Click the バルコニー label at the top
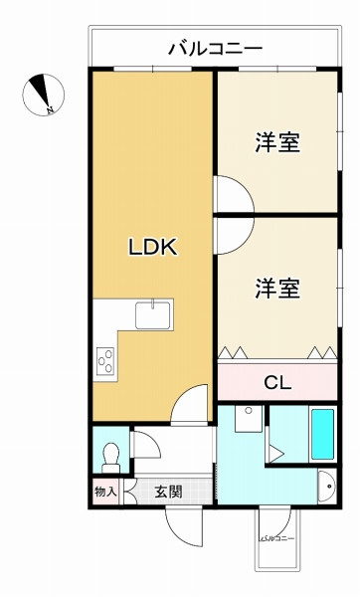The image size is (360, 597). [x=214, y=46]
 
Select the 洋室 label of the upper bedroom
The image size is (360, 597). [x=277, y=143]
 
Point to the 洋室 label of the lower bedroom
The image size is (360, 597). [x=277, y=289]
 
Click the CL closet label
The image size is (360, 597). [x=277, y=380]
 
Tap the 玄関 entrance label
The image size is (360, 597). [x=168, y=491]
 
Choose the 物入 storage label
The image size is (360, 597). [x=105, y=491]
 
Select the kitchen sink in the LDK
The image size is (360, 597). [x=152, y=316]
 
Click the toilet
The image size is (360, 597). [x=110, y=454]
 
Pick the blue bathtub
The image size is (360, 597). [x=324, y=431]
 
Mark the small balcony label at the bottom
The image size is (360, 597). [x=277, y=537]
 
